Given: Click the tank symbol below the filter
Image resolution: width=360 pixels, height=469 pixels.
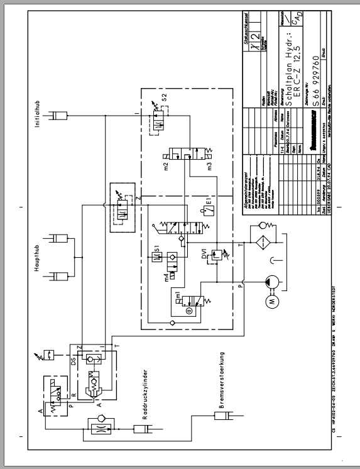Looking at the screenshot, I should click(x=271, y=259).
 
